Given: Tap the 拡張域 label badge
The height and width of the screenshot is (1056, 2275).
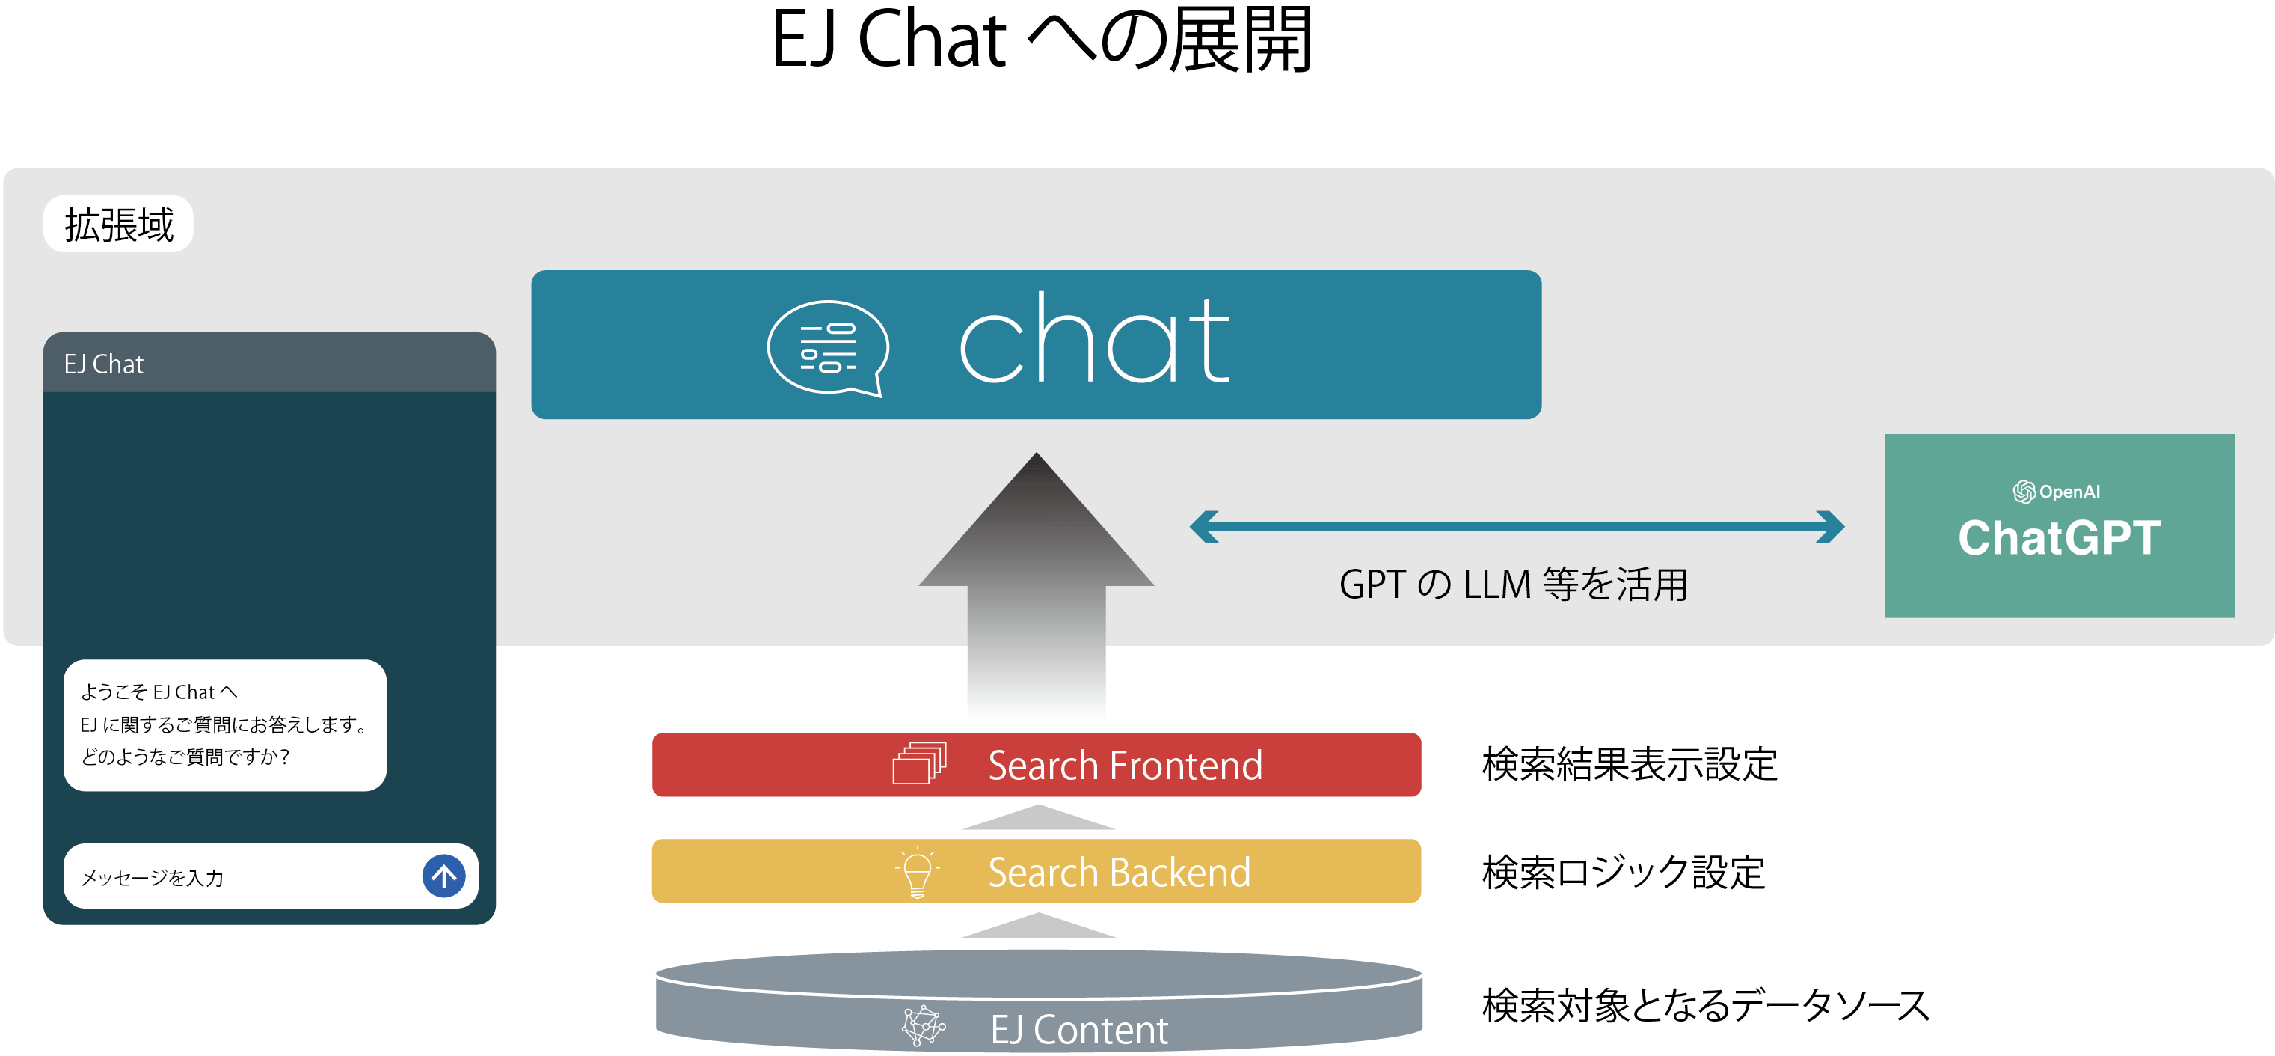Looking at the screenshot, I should pos(118,225).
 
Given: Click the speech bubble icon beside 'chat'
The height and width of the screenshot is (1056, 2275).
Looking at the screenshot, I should pos(828,348).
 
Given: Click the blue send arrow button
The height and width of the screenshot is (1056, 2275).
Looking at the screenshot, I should pos(443,876).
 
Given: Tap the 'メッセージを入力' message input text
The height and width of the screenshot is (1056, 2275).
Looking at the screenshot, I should pos(153,877).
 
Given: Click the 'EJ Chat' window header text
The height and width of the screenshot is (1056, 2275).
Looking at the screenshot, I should pos(103,364).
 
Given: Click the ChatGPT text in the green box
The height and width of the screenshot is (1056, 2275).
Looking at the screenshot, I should pos(2059,537).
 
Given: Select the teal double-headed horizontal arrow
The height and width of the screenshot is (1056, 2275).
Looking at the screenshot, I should pos(1517,527).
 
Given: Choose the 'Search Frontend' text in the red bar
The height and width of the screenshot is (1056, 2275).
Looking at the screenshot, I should pos(1124,766).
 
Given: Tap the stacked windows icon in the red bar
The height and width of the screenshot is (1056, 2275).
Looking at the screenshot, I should pos(919,763).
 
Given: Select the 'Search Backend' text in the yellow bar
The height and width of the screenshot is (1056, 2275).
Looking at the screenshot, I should pos(1119,872).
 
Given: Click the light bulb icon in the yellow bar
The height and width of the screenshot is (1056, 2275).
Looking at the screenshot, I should pos(918,871).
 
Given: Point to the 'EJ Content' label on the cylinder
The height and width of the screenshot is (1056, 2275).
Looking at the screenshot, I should pos(1078,1030).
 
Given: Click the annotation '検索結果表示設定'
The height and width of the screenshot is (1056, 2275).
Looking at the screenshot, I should pos(1630,764).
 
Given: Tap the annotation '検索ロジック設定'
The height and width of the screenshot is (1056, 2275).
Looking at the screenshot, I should pos(1623,872).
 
